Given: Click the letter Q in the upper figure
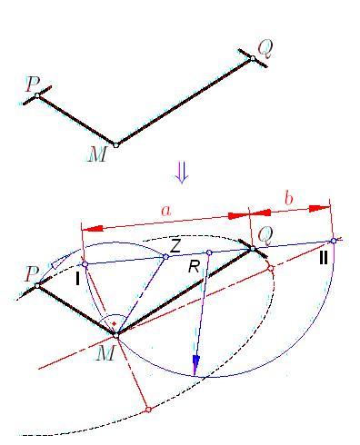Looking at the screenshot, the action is [x=265, y=49].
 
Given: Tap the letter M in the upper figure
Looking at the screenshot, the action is [x=97, y=153].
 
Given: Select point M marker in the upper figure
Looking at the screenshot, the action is [x=115, y=145].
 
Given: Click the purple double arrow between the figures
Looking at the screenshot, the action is [x=182, y=173].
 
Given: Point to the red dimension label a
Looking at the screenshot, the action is [x=166, y=211].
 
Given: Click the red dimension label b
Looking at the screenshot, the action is [x=289, y=199].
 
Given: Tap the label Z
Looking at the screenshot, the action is [x=175, y=247].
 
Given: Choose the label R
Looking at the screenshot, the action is [x=194, y=267].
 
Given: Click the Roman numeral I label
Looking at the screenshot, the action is [x=77, y=279].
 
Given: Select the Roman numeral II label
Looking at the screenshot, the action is [x=324, y=259].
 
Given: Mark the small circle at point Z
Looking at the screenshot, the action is [x=165, y=257].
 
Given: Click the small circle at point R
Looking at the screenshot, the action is [x=209, y=252].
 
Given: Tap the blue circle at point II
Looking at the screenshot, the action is [x=334, y=241].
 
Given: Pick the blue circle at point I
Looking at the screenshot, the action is [x=85, y=264].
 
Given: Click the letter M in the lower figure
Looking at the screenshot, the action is [x=105, y=352].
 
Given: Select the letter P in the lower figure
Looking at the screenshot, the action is [x=32, y=274].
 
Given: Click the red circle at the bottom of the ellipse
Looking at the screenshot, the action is [x=148, y=410].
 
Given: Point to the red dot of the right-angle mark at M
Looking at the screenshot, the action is [x=114, y=324].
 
